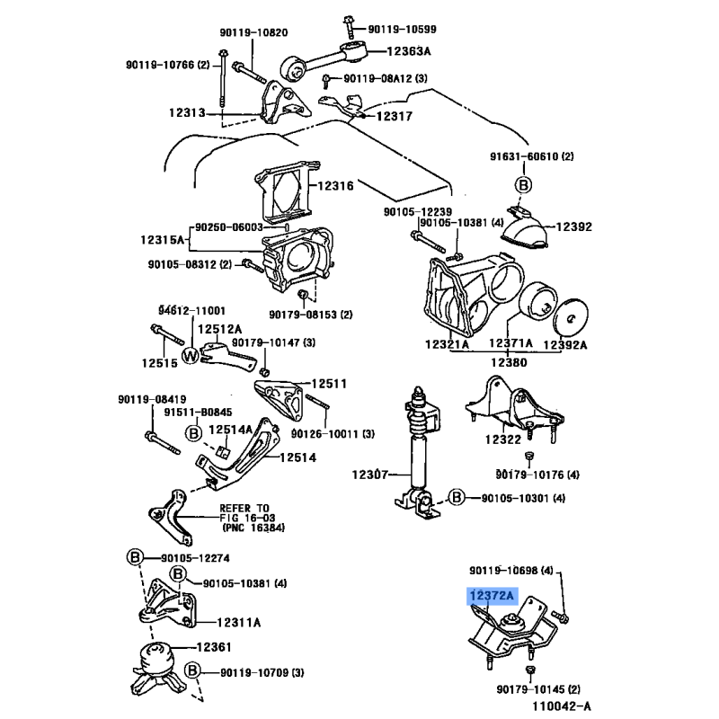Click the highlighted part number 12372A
coord(491,596)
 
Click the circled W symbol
coord(191,356)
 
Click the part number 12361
coord(214,647)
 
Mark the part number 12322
coord(503,439)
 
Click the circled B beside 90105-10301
coord(457,497)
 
